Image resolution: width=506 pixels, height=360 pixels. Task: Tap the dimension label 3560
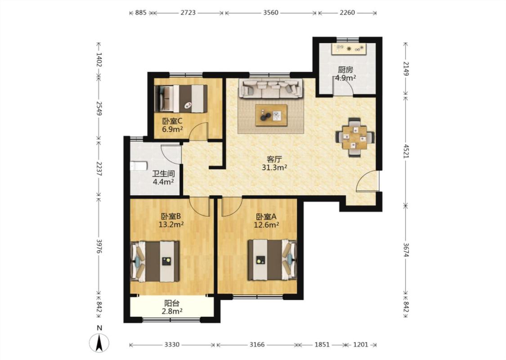[x=271, y=13]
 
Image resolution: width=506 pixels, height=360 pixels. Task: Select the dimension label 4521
[x=406, y=150]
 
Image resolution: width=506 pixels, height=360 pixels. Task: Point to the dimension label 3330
[x=172, y=345]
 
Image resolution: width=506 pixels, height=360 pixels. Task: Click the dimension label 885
[x=141, y=13]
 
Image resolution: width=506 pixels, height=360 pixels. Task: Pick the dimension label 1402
[x=99, y=60]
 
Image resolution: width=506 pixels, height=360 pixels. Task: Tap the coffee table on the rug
[x=271, y=115]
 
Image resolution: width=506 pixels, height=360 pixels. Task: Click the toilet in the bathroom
[x=139, y=166]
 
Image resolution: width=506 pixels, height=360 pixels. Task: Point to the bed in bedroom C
[x=181, y=99]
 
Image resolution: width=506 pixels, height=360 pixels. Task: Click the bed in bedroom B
[x=155, y=261]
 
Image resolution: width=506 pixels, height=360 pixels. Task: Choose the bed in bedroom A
[x=273, y=260]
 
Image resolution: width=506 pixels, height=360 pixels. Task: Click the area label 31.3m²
[x=275, y=167]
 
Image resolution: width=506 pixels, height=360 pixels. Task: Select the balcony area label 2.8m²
[x=172, y=311]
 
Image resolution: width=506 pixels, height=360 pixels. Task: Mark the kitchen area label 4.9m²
[x=345, y=78]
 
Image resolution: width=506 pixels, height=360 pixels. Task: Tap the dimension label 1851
[x=322, y=345]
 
